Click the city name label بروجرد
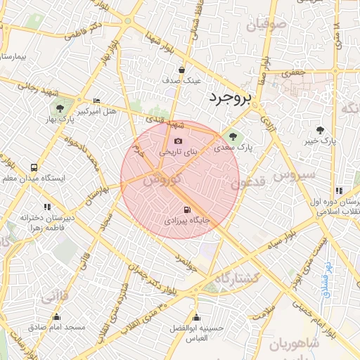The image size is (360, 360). coord(230,98)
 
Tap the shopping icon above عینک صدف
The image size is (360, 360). coord(181,70)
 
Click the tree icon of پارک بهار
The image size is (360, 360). coord(60,109)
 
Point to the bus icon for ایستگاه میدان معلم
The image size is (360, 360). coord(34,168)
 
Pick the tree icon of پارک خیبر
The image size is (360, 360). coord(320,130)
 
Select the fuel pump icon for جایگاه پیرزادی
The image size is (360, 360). coord(186,210)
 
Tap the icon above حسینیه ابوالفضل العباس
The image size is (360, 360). coord(195,317)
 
